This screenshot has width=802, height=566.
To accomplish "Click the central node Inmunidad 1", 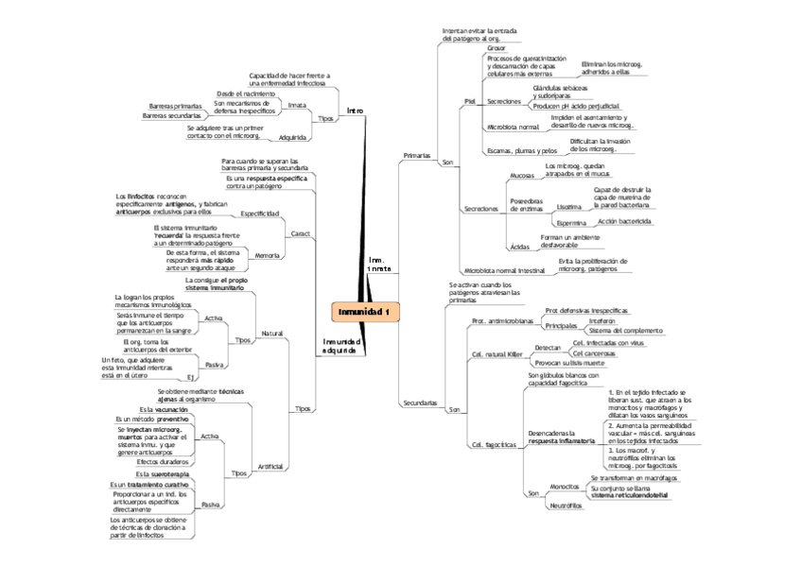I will [365, 313].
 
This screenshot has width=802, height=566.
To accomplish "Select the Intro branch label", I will [355, 111].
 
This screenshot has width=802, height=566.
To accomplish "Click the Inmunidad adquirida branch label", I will [341, 345].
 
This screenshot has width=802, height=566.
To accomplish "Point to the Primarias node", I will [416, 154].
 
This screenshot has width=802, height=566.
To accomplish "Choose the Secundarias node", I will [420, 403].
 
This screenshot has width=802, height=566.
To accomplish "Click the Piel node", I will [469, 100].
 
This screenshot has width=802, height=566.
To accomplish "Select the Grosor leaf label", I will [497, 47].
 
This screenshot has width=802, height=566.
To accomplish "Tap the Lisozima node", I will [569, 206].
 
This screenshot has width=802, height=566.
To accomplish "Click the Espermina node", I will [571, 222].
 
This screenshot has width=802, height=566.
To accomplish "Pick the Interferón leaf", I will [588, 321].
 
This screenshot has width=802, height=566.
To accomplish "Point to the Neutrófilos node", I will [566, 506].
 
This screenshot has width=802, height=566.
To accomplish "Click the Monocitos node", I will [564, 486].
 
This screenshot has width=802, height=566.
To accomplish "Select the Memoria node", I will [268, 255].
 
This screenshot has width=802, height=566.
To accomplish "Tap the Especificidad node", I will [260, 214].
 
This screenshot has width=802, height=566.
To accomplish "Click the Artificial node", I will [270, 466].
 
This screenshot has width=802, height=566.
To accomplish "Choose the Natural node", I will [272, 333].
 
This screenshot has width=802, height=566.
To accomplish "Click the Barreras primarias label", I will [176, 106].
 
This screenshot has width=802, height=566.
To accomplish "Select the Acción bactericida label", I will [625, 221].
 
